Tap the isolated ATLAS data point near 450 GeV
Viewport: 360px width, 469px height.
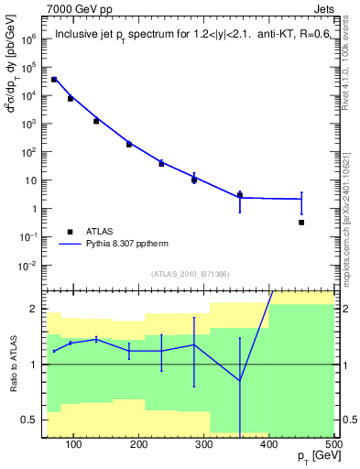pyautogui.click(x=301, y=223)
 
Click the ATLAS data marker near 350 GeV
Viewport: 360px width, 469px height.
pyautogui.click(x=240, y=195)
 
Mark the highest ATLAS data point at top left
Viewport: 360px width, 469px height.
pyautogui.click(x=54, y=80)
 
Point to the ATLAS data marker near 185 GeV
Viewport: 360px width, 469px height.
pyautogui.click(x=129, y=144)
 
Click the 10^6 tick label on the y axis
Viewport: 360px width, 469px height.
pyautogui.click(x=29, y=38)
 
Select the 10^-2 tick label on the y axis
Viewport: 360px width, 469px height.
pyautogui.click(x=29, y=266)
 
